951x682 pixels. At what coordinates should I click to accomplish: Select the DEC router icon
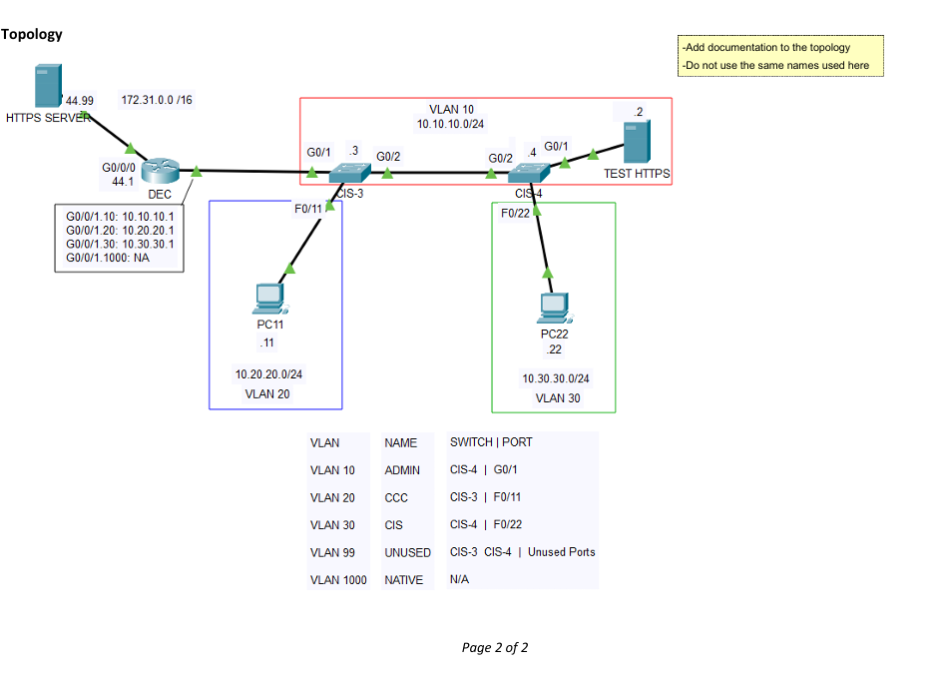tap(159, 172)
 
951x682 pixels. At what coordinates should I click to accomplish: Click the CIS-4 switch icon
tap(528, 173)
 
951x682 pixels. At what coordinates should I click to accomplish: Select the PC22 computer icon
tap(553, 307)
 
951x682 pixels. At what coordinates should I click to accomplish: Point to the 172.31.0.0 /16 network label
tap(157, 100)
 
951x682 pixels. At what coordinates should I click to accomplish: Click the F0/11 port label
tap(308, 208)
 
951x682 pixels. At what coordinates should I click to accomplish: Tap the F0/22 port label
tap(515, 213)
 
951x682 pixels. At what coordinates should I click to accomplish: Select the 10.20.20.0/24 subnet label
tap(268, 374)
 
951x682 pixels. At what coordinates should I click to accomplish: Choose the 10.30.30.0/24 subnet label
tap(556, 378)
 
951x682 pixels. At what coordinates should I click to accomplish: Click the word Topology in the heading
tap(32, 34)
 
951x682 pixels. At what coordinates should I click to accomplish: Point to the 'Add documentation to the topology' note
tap(766, 47)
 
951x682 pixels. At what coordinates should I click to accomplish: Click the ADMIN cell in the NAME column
tap(402, 470)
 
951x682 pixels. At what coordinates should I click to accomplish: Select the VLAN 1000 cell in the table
tap(338, 580)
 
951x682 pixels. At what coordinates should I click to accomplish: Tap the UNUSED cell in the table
tap(407, 552)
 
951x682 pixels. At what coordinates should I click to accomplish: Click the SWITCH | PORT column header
tap(491, 442)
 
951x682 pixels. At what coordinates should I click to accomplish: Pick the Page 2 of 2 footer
tap(495, 647)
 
